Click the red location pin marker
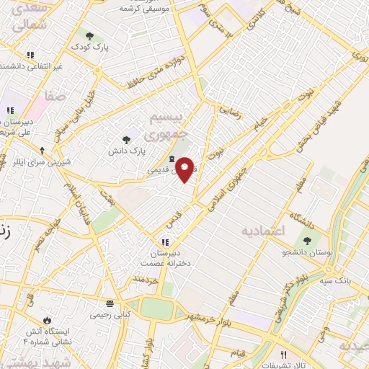(x=185, y=170)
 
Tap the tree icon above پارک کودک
(x=89, y=35)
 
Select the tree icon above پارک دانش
(x=127, y=140)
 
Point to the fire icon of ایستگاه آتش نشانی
(x=48, y=318)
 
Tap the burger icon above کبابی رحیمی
(x=110, y=303)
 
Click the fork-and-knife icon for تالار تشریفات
(x=283, y=355)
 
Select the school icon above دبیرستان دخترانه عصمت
(x=165, y=242)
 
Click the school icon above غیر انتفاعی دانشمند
(x=30, y=55)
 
